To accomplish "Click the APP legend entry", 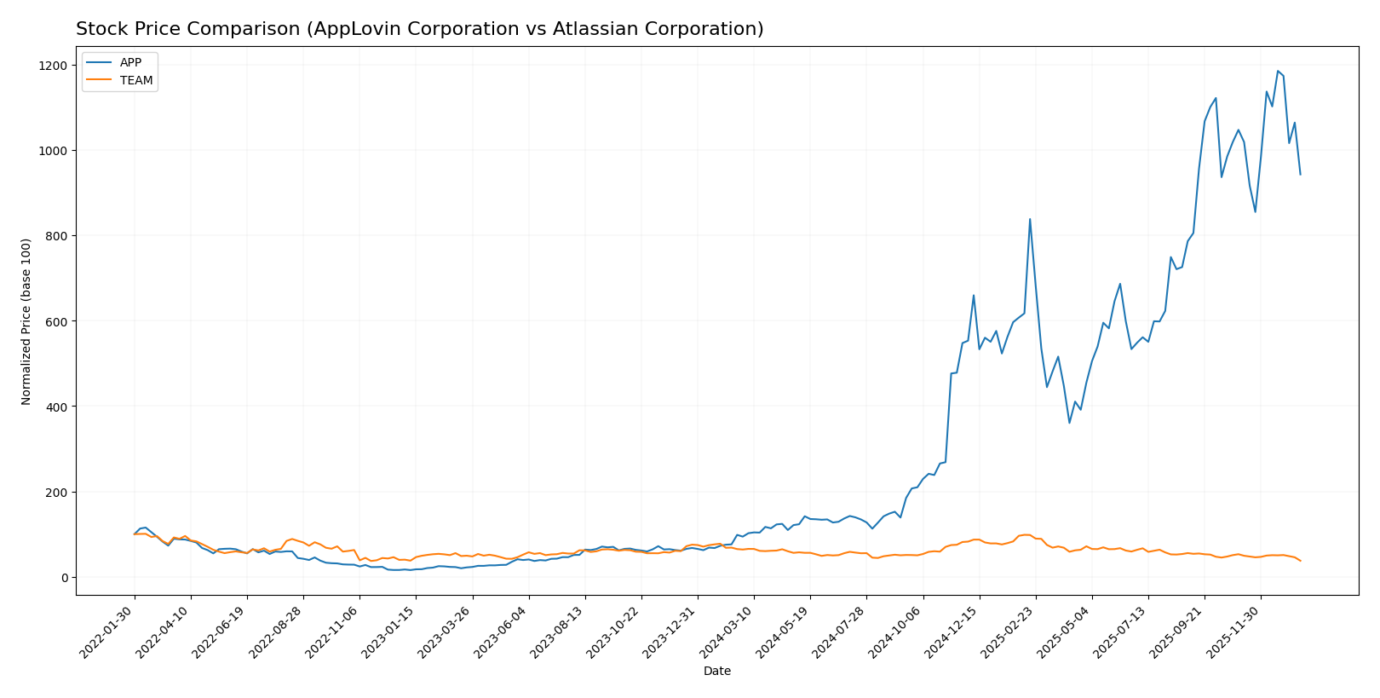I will (x=130, y=62).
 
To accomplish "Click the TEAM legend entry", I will (x=135, y=80).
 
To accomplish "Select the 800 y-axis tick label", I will (x=55, y=236).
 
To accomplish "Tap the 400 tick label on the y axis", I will (x=55, y=407).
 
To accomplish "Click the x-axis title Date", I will (x=716, y=672).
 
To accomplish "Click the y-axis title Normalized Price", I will (x=26, y=321).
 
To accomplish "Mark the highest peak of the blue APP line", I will (x=1278, y=72).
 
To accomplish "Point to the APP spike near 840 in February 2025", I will (x=1030, y=219).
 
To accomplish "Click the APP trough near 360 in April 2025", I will (x=1069, y=423).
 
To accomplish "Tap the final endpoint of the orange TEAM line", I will (x=1300, y=561).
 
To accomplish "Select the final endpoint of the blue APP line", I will (x=1300, y=175).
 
